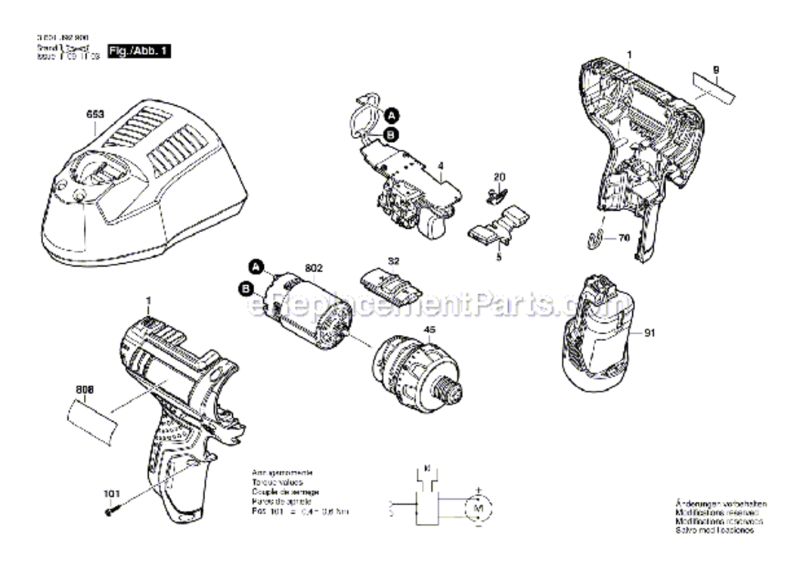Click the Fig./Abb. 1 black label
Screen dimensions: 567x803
click(141, 51)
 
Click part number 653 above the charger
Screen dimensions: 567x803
click(95, 115)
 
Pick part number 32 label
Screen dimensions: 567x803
click(392, 261)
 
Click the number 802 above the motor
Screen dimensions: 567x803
click(313, 267)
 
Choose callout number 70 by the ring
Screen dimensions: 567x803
click(624, 237)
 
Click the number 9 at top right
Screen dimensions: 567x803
click(715, 70)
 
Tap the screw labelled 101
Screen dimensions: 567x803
click(109, 512)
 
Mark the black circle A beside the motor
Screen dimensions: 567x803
click(256, 266)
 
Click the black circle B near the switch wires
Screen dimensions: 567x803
click(392, 135)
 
